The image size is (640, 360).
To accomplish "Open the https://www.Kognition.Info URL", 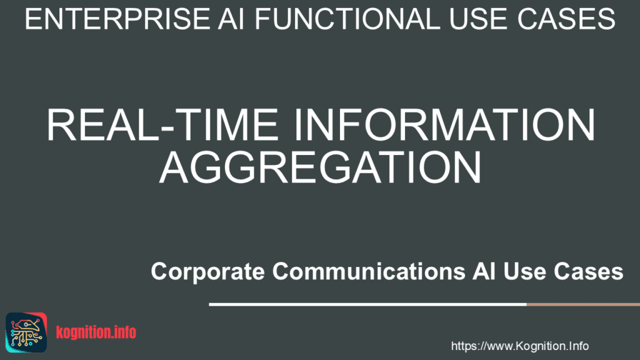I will click(x=519, y=346).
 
